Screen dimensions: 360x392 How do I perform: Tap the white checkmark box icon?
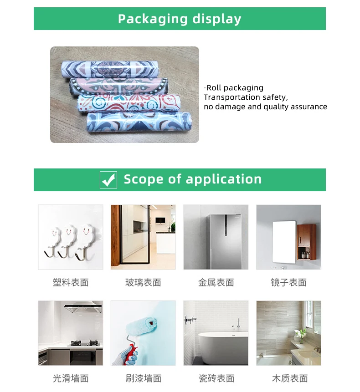point(108,180)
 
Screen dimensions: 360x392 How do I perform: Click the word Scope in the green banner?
point(144,179)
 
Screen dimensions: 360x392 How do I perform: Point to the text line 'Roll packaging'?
point(235,88)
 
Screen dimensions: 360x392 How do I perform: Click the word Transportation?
point(231,97)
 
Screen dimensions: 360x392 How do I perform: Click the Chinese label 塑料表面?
point(71,283)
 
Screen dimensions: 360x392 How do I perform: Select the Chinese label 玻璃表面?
point(143,283)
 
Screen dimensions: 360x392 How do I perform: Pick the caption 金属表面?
point(216,283)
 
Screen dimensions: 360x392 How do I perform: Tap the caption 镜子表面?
point(288,283)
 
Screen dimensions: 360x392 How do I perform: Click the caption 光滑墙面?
point(71,378)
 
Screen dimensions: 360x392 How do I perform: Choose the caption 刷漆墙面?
point(143,378)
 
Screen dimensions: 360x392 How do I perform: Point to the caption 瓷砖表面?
point(216,378)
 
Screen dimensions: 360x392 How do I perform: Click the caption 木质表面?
point(288,378)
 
